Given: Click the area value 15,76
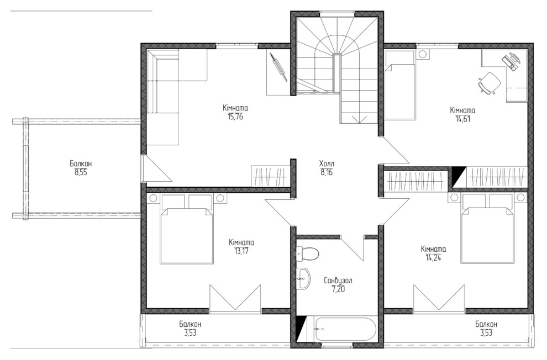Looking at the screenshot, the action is tap(235, 117).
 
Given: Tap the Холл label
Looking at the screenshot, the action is tap(327, 163).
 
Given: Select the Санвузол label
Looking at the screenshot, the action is tap(338, 280).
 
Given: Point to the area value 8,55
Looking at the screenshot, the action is tap(81, 172).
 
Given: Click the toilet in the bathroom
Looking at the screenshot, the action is tap(307, 253).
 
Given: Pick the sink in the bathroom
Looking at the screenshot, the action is tap(303, 279).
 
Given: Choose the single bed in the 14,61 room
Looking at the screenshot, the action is tap(400, 85).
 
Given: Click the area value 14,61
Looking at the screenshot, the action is tap(462, 119).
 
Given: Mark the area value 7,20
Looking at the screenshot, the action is tap(338, 289).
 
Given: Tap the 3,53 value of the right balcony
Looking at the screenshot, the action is tap(486, 333).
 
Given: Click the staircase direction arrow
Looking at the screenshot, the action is tap(359, 119).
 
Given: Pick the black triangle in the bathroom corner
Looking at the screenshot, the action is tap(301, 329).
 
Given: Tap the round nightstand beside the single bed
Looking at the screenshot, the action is tap(423, 54).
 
